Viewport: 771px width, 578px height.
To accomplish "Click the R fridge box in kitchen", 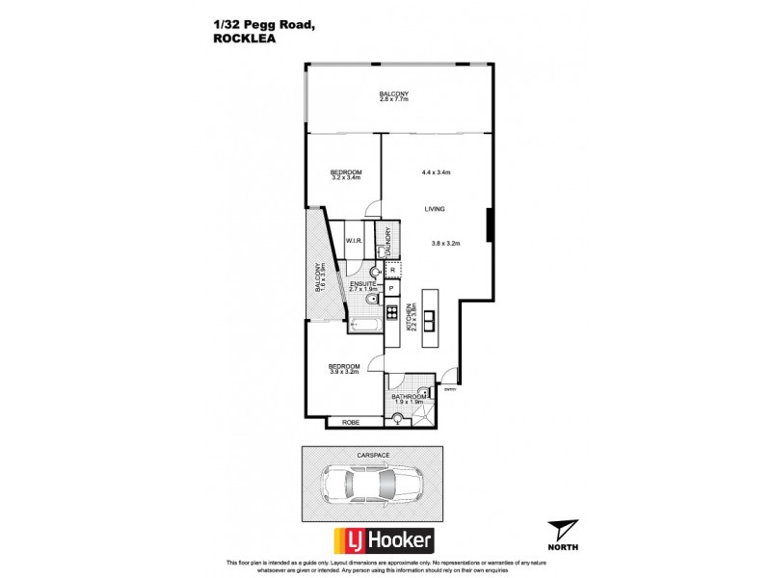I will pyautogui.click(x=392, y=271).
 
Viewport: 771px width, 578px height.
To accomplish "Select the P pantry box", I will pyautogui.click(x=392, y=289).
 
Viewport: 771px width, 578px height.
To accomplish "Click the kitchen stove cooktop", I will pyautogui.click(x=392, y=312).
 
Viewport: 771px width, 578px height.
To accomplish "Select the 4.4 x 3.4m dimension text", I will pyautogui.click(x=437, y=172).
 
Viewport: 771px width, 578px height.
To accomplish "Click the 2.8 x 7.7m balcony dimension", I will pyautogui.click(x=394, y=99).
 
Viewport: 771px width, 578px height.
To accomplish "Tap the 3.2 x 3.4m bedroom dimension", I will pyautogui.click(x=345, y=177).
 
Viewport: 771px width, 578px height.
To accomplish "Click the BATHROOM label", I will pyautogui.click(x=409, y=396).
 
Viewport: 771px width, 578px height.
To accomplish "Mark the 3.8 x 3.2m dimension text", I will pyautogui.click(x=446, y=243).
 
